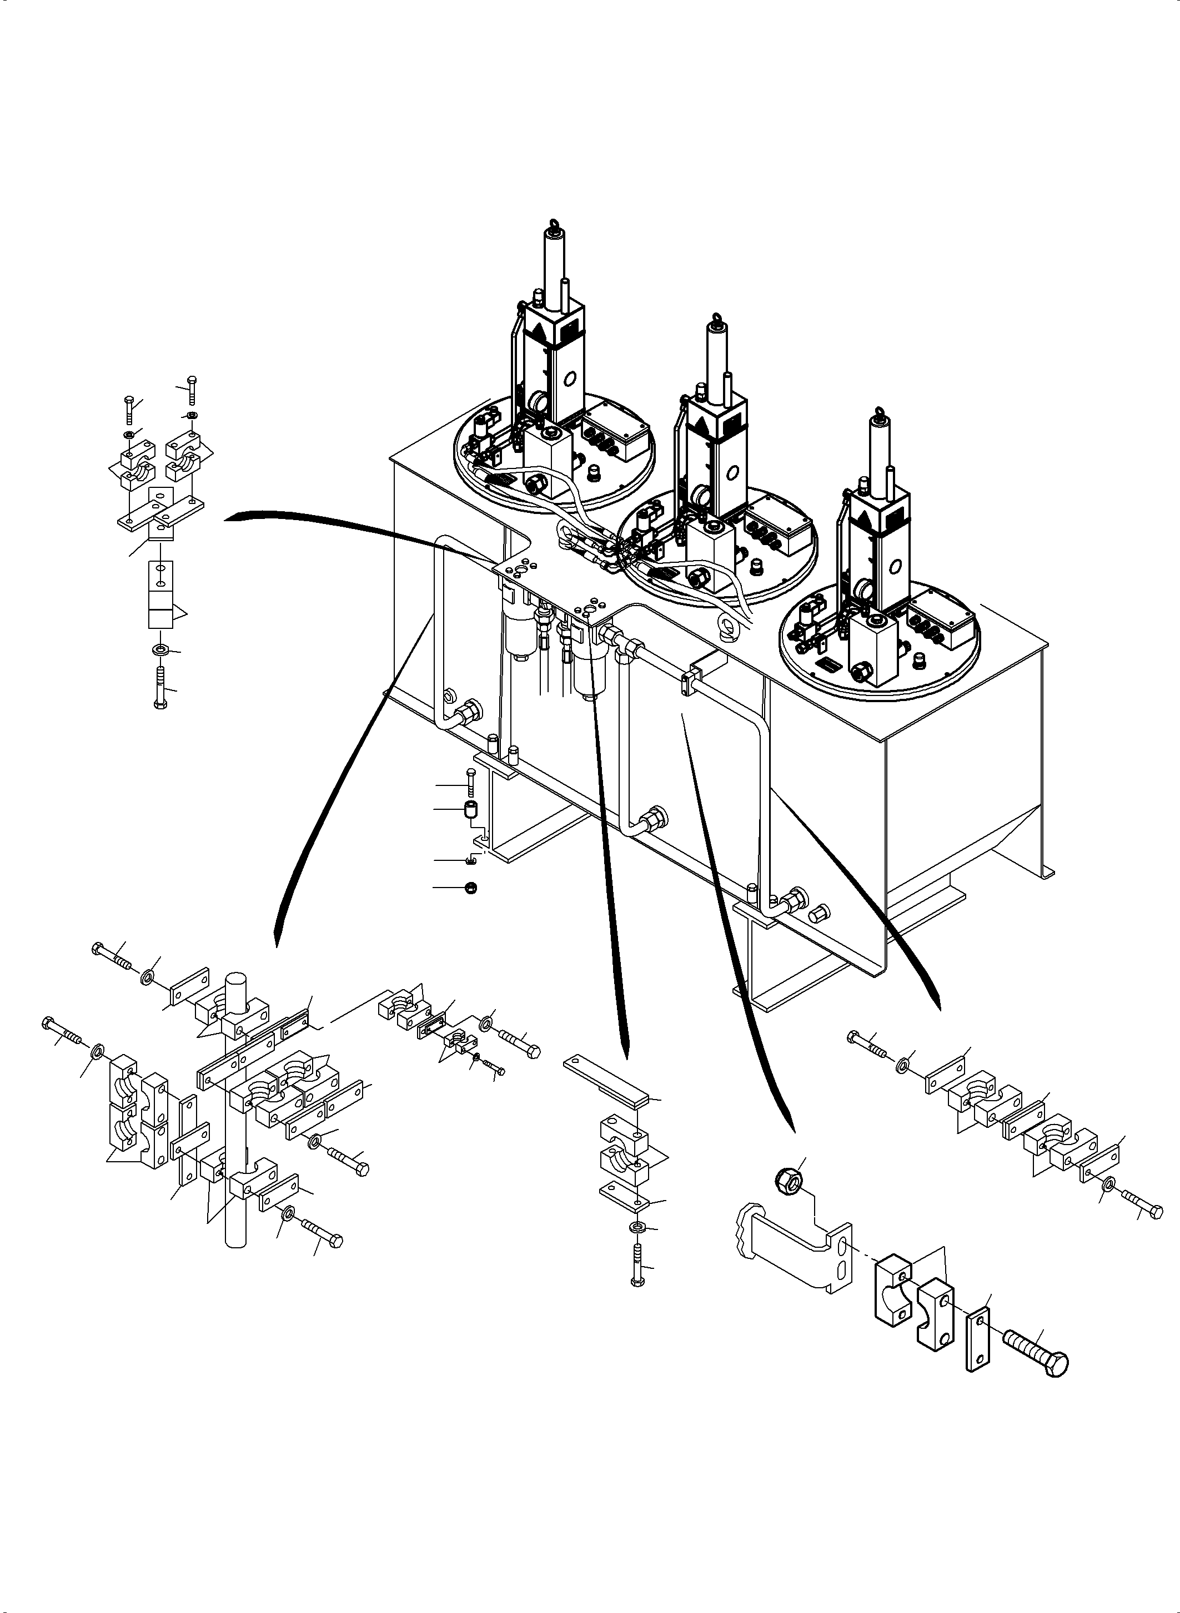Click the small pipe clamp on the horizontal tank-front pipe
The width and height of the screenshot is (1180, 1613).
[691, 679]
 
